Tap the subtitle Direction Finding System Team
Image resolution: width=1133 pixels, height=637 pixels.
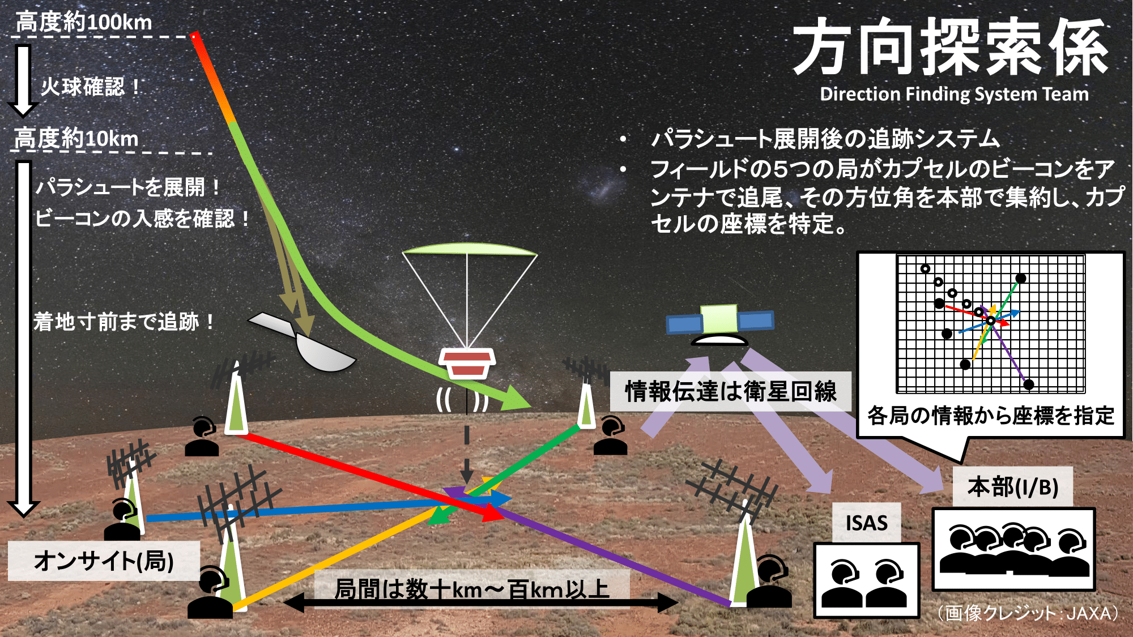pos(954,94)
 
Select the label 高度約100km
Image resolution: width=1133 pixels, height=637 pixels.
pos(84,23)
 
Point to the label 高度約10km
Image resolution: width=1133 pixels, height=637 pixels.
pos(76,138)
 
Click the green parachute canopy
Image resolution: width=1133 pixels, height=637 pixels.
pos(470,249)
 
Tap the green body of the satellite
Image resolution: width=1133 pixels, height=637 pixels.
pos(719,319)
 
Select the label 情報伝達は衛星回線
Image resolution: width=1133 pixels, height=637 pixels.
pos(731,391)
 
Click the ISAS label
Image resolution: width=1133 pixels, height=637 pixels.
pos(867,523)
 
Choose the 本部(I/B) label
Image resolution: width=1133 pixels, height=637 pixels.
pos(1013,487)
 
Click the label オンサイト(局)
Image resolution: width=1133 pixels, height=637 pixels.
pos(104,561)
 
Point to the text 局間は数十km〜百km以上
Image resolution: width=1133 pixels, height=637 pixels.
pos(472,589)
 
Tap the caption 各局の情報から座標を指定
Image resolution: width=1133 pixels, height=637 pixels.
pos(991,416)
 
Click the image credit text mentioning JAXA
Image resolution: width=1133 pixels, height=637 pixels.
pos(1028,613)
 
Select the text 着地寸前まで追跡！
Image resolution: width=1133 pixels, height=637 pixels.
pos(124,322)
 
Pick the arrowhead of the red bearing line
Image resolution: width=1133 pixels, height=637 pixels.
pos(490,511)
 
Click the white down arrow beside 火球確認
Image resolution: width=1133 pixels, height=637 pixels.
pos(23,80)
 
